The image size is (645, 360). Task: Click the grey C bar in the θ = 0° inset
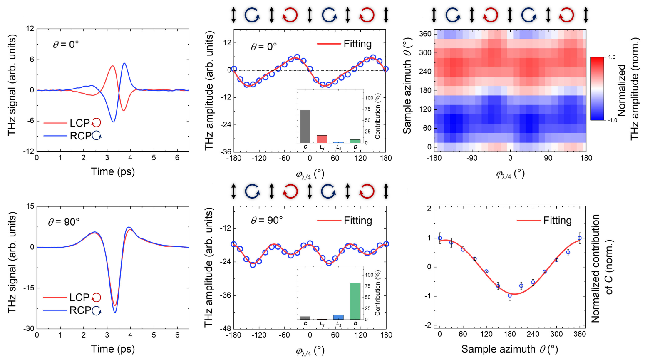(305, 127)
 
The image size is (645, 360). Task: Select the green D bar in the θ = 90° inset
(355, 301)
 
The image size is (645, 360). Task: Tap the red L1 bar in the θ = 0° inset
(322, 139)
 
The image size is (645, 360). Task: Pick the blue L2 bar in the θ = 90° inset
(338, 317)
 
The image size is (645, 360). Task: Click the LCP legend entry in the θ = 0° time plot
(72, 123)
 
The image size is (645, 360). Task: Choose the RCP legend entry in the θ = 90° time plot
(72, 310)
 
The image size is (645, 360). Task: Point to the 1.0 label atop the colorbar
(612, 57)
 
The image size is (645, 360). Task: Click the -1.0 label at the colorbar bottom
(612, 120)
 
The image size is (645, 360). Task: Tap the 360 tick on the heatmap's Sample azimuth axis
(425, 34)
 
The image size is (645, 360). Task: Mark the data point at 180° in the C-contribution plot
(510, 295)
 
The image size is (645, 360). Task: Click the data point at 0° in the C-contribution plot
(440, 238)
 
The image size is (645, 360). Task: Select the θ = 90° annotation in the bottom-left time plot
(64, 222)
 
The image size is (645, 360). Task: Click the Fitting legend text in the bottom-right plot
(558, 221)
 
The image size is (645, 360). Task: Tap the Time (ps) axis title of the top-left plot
(113, 171)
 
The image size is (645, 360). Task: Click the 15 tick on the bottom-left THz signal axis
(30, 206)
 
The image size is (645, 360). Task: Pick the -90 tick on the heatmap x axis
(472, 158)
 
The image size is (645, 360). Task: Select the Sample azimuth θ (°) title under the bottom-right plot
(510, 349)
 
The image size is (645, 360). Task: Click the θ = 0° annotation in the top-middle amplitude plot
(264, 46)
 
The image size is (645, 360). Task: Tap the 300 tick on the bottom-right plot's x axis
(556, 334)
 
